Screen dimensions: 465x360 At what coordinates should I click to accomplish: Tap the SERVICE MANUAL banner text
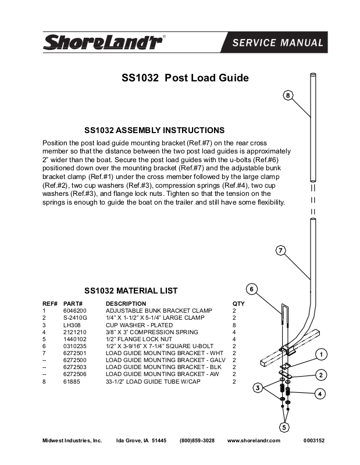(277, 42)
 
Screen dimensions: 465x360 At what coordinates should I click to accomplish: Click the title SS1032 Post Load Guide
(185, 78)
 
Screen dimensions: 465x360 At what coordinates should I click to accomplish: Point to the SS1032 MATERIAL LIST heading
(131, 291)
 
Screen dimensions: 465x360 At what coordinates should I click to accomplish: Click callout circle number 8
(288, 95)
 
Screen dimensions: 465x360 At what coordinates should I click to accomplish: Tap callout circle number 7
(280, 251)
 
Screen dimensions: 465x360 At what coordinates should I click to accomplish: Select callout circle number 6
(251, 289)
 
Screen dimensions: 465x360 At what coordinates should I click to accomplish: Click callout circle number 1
(320, 354)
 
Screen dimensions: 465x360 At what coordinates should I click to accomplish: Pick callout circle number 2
(320, 374)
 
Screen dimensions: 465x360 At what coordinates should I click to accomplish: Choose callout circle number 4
(320, 394)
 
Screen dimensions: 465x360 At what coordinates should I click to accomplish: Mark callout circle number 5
(284, 427)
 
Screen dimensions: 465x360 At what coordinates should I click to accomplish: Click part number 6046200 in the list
(74, 311)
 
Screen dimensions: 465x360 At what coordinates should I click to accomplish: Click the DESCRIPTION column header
(126, 303)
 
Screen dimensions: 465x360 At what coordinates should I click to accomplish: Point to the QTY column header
(238, 303)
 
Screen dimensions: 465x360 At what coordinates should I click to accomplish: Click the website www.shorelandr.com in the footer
(254, 441)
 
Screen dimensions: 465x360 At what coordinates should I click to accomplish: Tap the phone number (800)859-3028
(197, 441)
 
